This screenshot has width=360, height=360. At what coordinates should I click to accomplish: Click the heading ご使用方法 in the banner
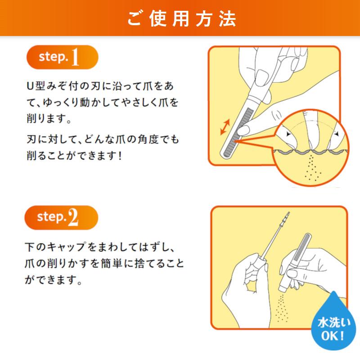pyautogui.click(x=180, y=19)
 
